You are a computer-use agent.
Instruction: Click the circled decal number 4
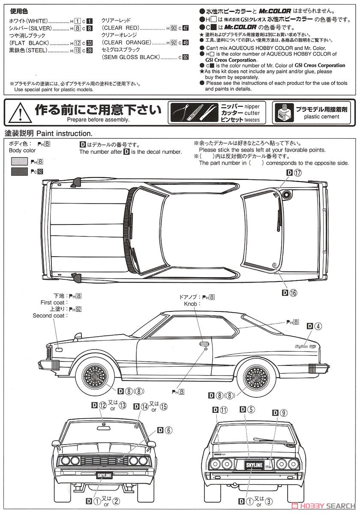tap(318, 326)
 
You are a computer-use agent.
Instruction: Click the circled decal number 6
tap(168, 430)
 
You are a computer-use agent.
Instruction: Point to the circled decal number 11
tap(224, 410)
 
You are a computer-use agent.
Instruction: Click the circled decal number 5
tap(251, 410)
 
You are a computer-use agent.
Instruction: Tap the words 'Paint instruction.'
tap(64, 133)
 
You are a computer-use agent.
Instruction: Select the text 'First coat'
tap(52, 302)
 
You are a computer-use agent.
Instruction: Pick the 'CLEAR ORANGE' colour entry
tap(127, 42)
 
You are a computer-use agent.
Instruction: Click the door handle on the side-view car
tap(204, 343)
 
